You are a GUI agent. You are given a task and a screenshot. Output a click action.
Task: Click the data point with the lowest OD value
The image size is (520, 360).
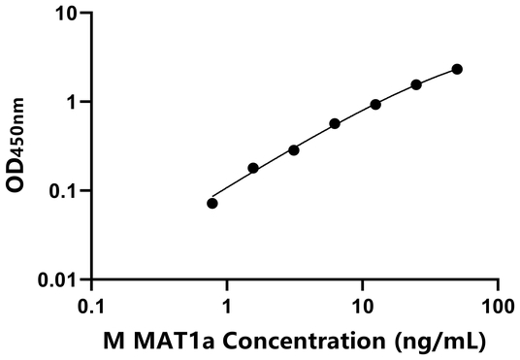(x=212, y=203)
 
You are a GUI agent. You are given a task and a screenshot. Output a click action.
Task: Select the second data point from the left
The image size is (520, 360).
(x=253, y=168)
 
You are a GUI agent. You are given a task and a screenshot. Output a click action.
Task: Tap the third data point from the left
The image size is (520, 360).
(x=294, y=149)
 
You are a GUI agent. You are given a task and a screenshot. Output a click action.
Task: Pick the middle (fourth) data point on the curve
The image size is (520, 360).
(x=335, y=123)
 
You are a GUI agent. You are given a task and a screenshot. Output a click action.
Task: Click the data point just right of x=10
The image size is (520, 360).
(x=375, y=104)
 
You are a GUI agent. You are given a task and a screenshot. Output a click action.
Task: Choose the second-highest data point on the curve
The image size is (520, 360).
(x=416, y=84)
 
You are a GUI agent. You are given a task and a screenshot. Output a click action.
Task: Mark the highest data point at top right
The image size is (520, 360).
(x=457, y=69)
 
